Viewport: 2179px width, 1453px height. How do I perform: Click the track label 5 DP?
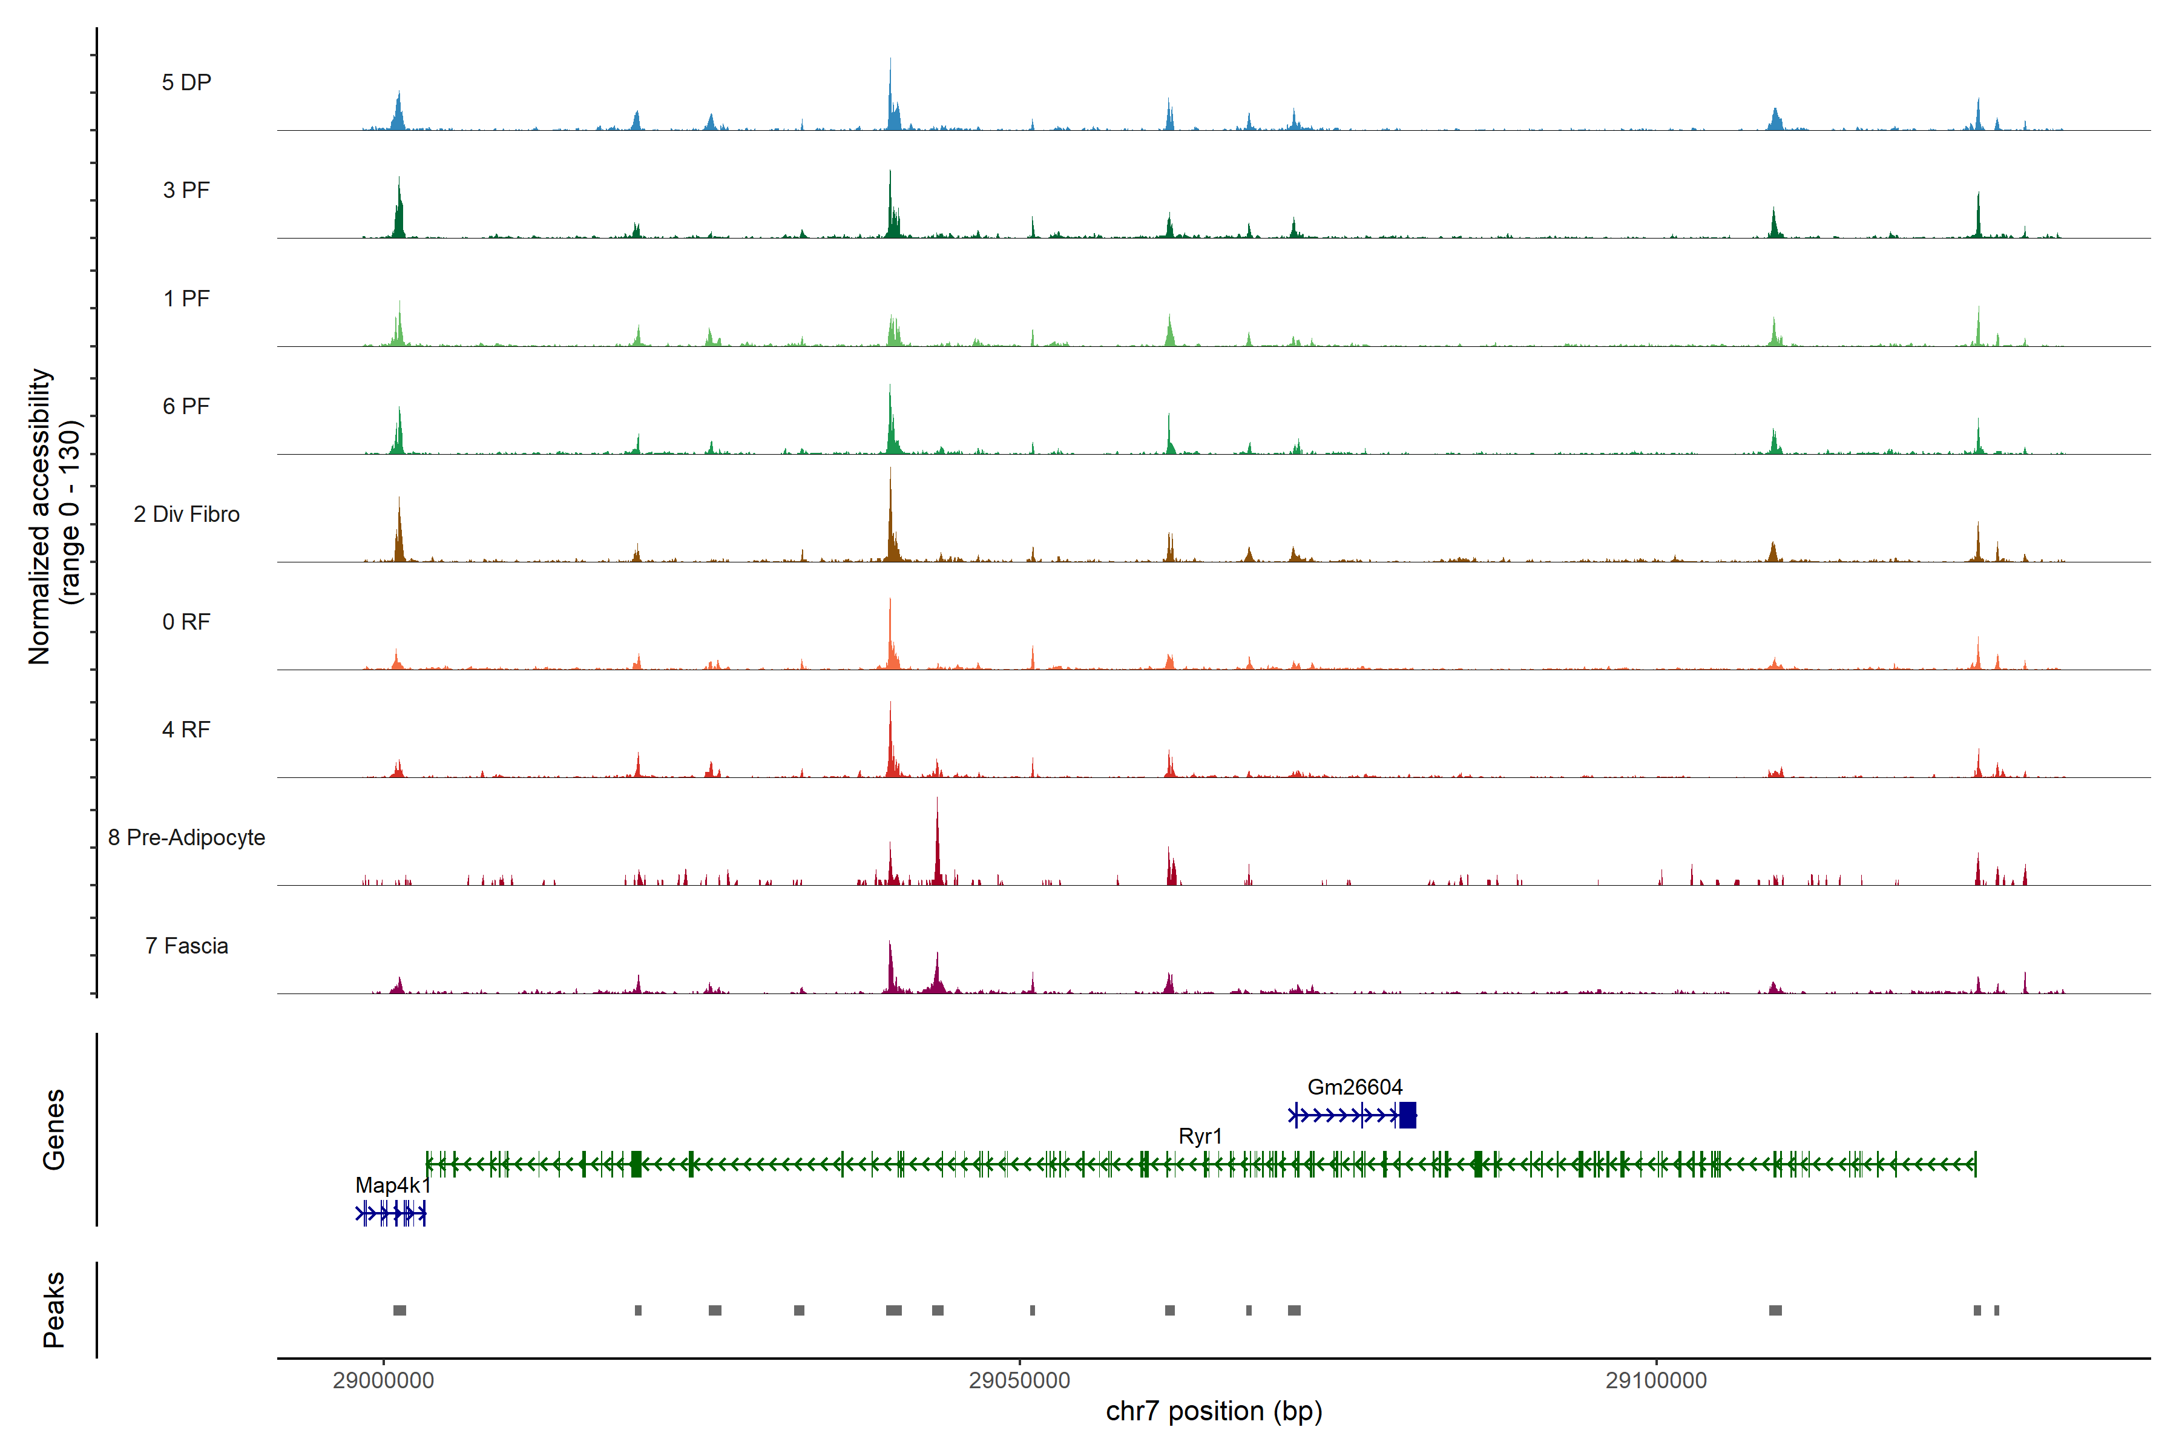186,82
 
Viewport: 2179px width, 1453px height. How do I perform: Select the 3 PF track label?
186,190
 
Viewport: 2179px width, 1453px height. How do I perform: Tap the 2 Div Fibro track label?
186,514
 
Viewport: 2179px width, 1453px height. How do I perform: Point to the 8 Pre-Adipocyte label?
186,838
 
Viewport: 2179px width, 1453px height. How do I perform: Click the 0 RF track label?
186,622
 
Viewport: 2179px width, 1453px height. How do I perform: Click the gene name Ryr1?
1200,1136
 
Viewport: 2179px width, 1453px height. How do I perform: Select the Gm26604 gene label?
1355,1087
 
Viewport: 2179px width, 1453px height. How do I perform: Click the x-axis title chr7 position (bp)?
1214,1411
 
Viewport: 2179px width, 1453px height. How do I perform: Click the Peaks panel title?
54,1310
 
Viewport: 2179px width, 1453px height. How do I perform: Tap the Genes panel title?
54,1130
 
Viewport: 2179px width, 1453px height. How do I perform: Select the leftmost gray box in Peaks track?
399,1310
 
